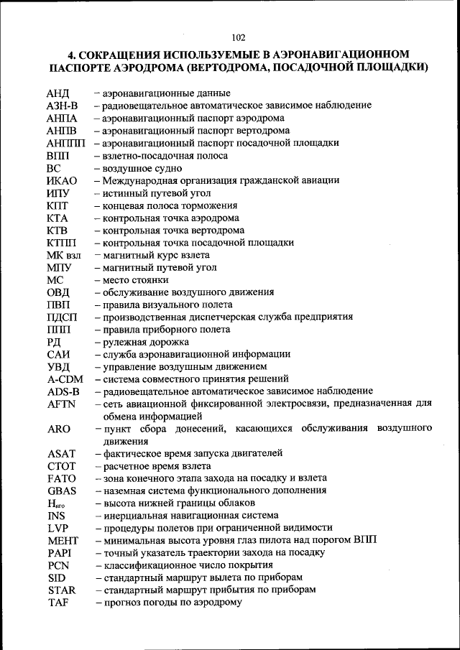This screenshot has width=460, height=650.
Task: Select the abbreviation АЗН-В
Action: point(62,106)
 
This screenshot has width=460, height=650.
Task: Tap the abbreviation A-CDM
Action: point(64,379)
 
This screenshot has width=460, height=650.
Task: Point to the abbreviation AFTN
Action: point(61,404)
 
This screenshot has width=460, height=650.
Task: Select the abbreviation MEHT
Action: point(62,541)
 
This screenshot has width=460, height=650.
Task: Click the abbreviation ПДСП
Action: point(62,317)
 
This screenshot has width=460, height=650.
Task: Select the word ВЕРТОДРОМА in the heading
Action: point(241,69)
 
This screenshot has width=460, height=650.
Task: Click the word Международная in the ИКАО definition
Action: point(137,181)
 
